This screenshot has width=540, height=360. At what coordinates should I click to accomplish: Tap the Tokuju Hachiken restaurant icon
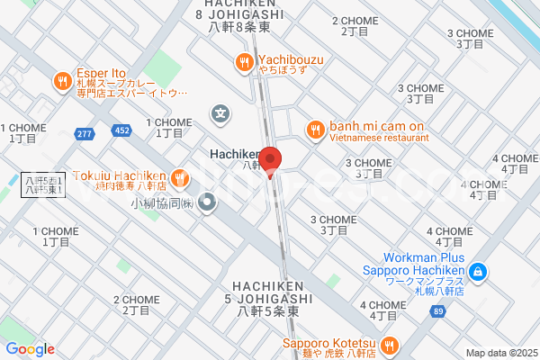[180, 176]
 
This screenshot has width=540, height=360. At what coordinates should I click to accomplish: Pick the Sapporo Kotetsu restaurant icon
[390, 345]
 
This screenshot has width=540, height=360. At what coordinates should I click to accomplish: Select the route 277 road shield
[85, 133]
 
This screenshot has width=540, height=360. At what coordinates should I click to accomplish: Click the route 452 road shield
[121, 131]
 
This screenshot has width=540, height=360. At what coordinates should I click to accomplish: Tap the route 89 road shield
[437, 311]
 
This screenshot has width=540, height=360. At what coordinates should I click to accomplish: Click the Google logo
[30, 349]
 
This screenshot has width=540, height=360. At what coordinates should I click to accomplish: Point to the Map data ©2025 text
[499, 353]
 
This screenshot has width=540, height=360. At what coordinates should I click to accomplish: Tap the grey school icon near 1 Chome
[220, 113]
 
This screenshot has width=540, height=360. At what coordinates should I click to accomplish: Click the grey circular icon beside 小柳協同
[208, 203]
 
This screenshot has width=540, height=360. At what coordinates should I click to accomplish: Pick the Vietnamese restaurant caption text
[377, 138]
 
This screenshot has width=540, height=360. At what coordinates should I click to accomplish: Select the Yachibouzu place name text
[291, 60]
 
